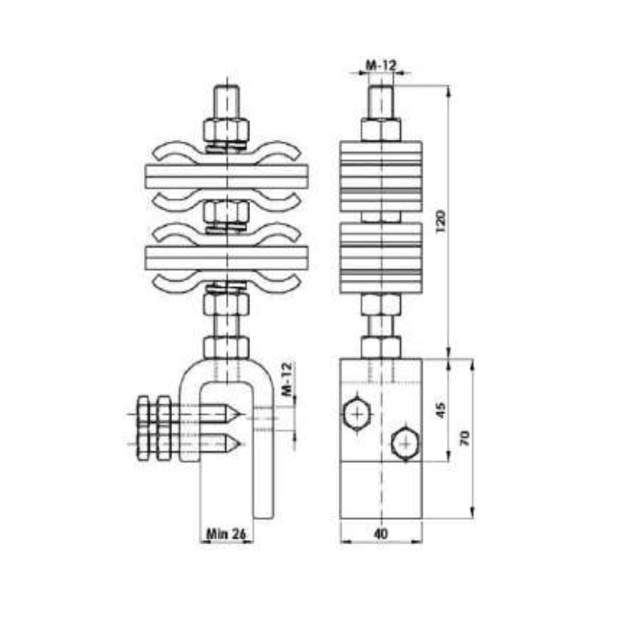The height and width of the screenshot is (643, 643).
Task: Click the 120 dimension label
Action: pyautogui.click(x=439, y=221)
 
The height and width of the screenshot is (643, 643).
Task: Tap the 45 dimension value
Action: pyautogui.click(x=439, y=411)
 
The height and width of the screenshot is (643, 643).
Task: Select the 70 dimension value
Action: pyautogui.click(x=464, y=437)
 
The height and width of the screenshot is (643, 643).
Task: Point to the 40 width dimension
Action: pyautogui.click(x=381, y=533)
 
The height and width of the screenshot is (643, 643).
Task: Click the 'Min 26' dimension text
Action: pyautogui.click(x=226, y=533)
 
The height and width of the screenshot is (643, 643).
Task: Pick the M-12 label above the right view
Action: pyautogui.click(x=381, y=65)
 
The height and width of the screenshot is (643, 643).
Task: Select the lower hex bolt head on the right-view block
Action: pyautogui.click(x=404, y=443)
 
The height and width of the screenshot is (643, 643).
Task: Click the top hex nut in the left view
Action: pyautogui.click(x=226, y=129)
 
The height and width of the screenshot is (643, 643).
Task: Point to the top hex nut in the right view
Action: pyautogui.click(x=381, y=129)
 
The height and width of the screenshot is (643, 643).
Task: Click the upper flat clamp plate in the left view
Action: pyautogui.click(x=226, y=177)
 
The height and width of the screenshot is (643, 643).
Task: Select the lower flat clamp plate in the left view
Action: pyautogui.click(x=226, y=257)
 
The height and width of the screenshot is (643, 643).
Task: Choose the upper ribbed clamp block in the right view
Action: pyautogui.click(x=381, y=177)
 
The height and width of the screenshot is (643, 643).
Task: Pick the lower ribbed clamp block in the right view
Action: pyautogui.click(x=381, y=257)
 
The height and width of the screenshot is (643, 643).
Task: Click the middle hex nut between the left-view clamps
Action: pyautogui.click(x=226, y=212)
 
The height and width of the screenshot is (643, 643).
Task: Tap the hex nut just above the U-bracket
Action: pyautogui.click(x=226, y=347)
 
